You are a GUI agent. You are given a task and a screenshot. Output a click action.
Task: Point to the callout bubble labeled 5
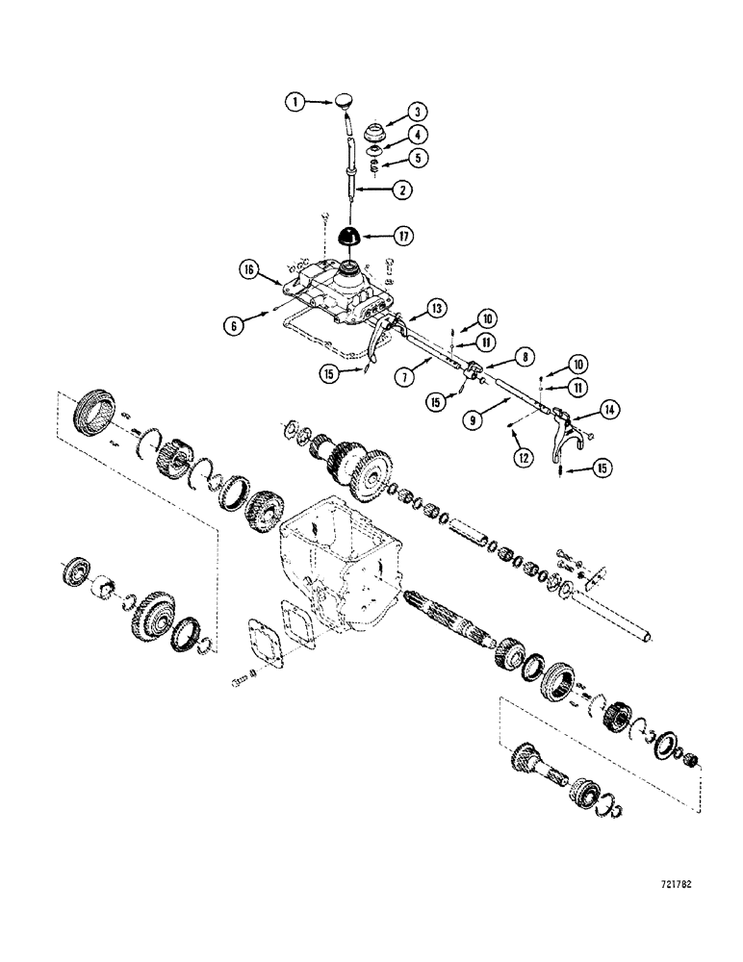click(419, 156)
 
